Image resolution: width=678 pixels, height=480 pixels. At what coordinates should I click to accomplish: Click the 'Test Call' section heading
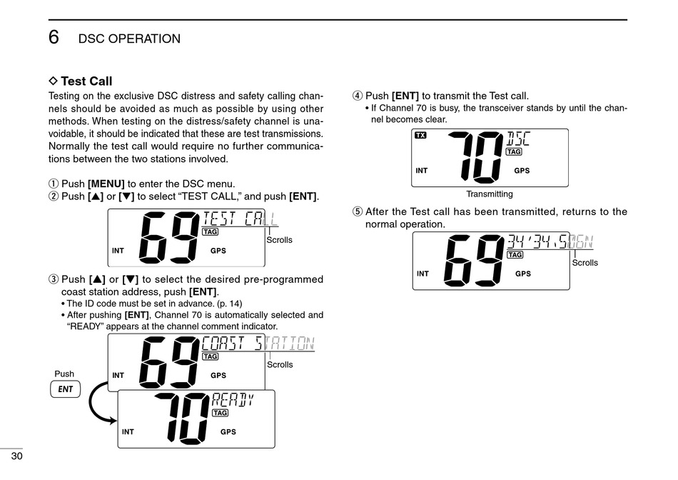(x=86, y=81)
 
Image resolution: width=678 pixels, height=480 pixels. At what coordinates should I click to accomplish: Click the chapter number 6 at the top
(x=54, y=37)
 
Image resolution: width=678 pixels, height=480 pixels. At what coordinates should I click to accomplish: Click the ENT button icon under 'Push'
(x=65, y=389)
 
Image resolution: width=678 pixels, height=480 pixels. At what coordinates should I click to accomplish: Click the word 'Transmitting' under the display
(x=489, y=194)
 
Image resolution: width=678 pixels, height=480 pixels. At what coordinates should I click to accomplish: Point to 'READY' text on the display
(x=233, y=400)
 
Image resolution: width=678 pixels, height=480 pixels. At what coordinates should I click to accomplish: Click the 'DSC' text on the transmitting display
(x=518, y=138)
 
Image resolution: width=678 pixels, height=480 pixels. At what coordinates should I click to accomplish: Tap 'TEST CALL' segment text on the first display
(x=239, y=219)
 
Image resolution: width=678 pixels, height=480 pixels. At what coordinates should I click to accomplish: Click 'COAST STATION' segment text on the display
(x=258, y=344)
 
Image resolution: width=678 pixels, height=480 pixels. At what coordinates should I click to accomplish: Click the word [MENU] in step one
(x=106, y=184)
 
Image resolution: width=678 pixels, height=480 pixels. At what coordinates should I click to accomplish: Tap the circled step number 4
(x=358, y=96)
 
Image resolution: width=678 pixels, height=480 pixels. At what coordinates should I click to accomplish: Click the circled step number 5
(x=358, y=211)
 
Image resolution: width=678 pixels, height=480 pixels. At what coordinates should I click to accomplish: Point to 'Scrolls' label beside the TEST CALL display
(x=279, y=240)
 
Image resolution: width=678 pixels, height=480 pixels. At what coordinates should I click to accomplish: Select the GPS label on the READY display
(x=228, y=432)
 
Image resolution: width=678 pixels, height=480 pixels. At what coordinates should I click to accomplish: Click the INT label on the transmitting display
(x=422, y=171)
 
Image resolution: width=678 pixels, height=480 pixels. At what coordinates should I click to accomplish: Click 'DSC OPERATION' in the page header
(x=129, y=39)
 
